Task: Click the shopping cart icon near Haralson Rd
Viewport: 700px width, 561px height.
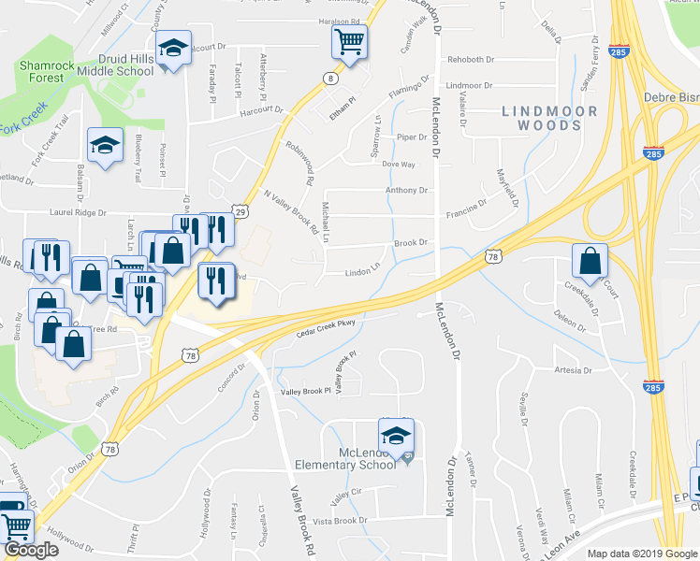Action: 349,40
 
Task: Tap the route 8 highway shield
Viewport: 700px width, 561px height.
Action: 331,79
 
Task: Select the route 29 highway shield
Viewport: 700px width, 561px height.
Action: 241,212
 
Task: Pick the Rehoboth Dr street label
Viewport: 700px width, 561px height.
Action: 470,59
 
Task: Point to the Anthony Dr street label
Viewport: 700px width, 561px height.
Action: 406,190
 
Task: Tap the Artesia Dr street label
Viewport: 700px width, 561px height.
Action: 573,369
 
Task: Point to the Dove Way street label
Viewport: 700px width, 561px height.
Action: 399,164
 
